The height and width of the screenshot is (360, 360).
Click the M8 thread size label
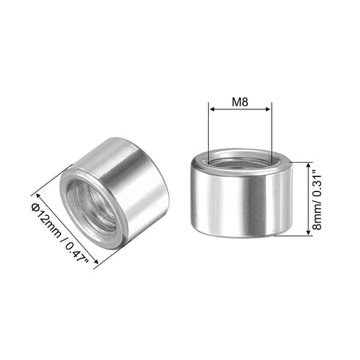[x=240, y=101]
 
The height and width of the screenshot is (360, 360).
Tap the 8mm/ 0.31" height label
[x=320, y=199]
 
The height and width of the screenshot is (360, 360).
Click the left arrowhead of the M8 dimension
[x=211, y=109]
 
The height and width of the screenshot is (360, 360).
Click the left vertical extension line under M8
[x=208, y=132]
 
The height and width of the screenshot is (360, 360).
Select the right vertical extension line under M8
[x=272, y=132]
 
